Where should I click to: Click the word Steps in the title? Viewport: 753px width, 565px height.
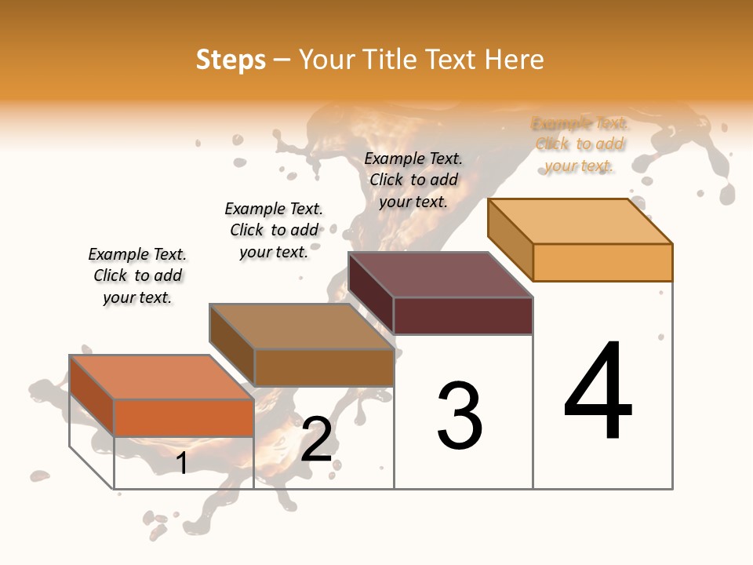[230, 60]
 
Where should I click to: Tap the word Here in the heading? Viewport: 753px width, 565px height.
[514, 60]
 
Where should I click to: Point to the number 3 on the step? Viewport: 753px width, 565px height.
[459, 416]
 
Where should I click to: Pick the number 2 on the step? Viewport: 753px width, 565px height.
[316, 439]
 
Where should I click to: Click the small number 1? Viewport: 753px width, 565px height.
[182, 463]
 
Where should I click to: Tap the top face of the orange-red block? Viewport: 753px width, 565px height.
[161, 377]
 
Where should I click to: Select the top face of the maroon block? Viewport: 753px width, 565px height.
[440, 275]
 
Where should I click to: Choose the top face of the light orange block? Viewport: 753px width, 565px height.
[580, 221]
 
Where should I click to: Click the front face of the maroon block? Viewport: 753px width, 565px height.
[463, 315]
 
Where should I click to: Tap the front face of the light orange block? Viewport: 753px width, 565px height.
[602, 262]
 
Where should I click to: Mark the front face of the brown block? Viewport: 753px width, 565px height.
[323, 367]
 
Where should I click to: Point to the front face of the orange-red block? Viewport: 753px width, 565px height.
[184, 417]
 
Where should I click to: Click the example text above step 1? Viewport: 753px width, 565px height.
[137, 275]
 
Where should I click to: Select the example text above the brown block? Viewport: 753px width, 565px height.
[274, 230]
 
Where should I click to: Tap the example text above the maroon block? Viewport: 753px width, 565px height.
[413, 180]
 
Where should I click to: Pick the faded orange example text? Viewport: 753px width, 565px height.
[580, 144]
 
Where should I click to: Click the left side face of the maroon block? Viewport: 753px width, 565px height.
[370, 292]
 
